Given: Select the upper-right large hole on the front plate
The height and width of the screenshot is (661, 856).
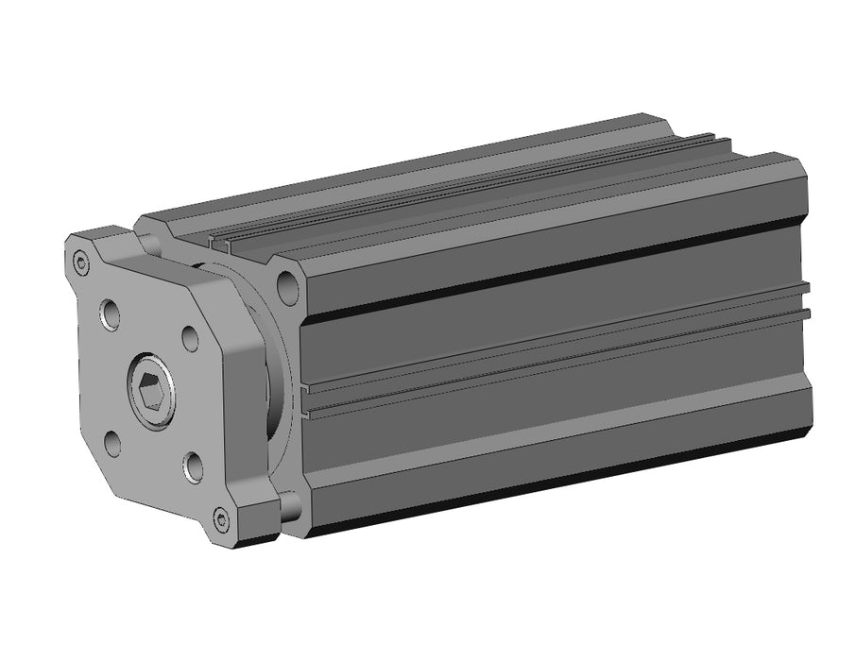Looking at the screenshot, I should click(x=190, y=339).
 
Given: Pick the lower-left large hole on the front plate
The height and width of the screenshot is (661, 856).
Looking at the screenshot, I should click(x=112, y=442).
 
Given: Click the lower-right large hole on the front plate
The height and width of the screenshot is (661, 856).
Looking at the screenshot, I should click(x=192, y=466).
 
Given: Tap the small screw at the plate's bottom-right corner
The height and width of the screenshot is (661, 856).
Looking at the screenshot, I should click(x=222, y=518).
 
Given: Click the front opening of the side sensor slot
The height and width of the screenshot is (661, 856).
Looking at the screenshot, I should click(x=309, y=400).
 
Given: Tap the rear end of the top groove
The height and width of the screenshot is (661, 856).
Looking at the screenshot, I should click(x=723, y=140).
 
